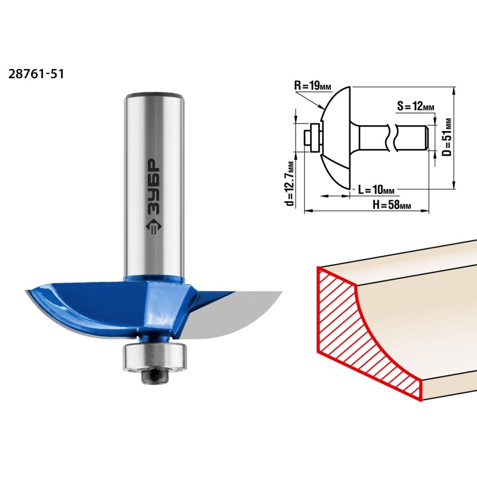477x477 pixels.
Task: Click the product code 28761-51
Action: pyautogui.click(x=36, y=74)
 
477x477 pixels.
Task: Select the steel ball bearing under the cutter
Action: pyautogui.click(x=154, y=357)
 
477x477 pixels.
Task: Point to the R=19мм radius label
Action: pyautogui.click(x=312, y=85)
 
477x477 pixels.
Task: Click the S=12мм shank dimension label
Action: pyautogui.click(x=416, y=106)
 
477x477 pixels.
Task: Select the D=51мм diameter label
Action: pyautogui.click(x=447, y=137)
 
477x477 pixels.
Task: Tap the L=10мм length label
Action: pyautogui.click(x=376, y=190)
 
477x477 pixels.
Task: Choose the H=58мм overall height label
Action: pyautogui.click(x=392, y=205)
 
